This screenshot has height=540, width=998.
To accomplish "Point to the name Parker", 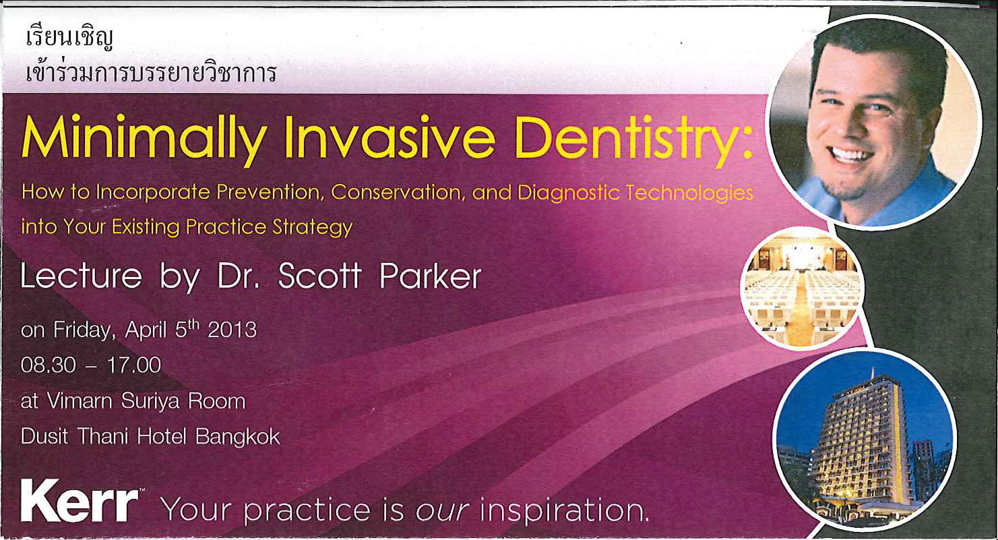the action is pos(430,276).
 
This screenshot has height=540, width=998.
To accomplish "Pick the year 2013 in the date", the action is pos(232,330).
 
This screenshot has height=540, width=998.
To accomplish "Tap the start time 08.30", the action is pos(48,365).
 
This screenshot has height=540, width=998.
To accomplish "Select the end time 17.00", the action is pos(134,365).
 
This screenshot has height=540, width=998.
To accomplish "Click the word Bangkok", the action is pos(237,437).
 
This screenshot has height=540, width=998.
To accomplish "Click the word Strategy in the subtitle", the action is pos(312,227).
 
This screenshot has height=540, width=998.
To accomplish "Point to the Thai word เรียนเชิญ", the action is pos(69,39).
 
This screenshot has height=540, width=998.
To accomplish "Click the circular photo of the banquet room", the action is pos(801,287).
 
